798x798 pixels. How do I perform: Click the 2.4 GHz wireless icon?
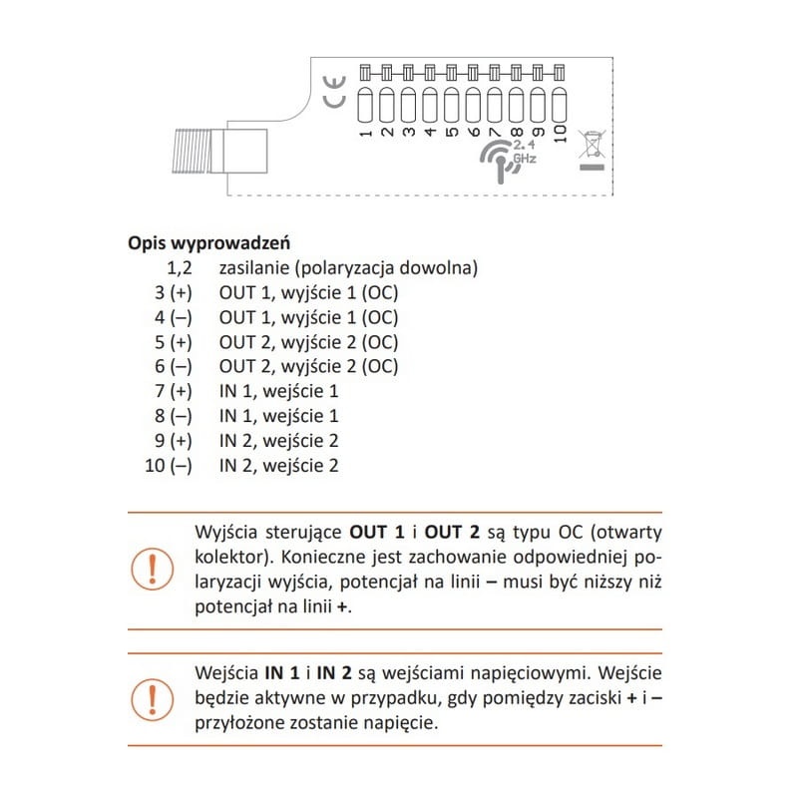(x=509, y=157)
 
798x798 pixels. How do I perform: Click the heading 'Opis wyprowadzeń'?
(x=209, y=243)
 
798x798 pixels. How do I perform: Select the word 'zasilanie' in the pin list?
(x=253, y=268)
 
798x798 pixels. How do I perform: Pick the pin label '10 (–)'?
(x=167, y=465)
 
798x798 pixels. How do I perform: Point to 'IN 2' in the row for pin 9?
(x=234, y=440)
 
